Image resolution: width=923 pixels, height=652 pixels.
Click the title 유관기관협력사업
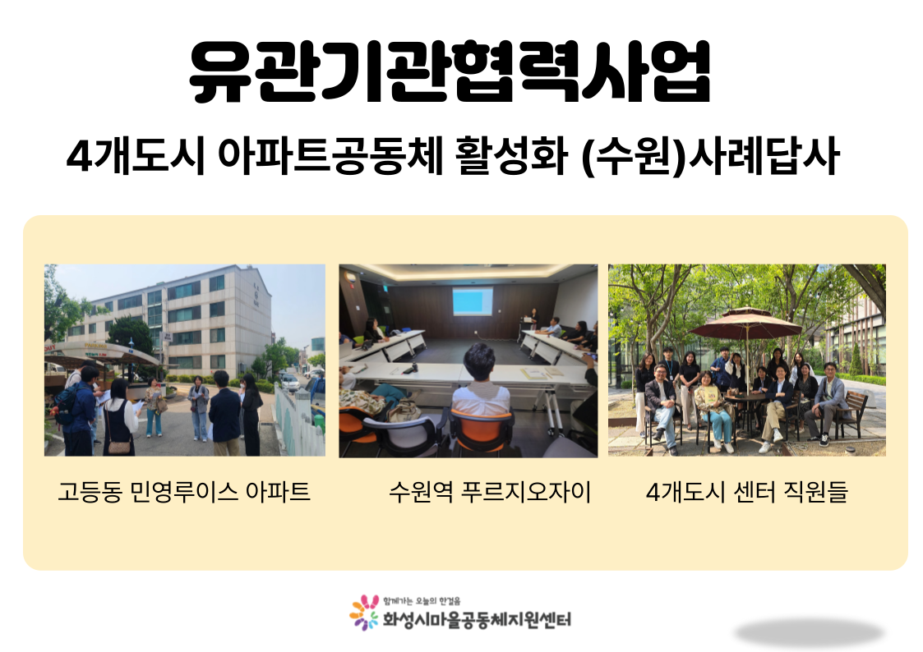coord(450,72)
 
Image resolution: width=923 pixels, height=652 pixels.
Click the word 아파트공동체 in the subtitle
coord(330,156)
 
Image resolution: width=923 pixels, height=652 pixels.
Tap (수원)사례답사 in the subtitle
coord(710,156)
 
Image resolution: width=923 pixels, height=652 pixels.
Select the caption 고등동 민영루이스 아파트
coord(184,492)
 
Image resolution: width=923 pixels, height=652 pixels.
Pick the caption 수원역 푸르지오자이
coord(490,492)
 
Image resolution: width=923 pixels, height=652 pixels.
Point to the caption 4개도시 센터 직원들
coord(747,492)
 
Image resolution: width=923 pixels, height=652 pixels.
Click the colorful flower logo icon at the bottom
coord(364,613)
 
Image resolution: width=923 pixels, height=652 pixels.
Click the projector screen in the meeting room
coord(473,301)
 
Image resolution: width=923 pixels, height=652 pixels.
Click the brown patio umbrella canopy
coord(746,324)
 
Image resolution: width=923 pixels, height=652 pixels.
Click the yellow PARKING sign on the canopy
coord(95,346)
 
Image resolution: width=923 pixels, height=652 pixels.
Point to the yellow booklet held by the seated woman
coord(712,394)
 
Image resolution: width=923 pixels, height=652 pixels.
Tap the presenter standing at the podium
coord(534,318)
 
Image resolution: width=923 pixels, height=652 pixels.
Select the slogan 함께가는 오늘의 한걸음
coord(422,601)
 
